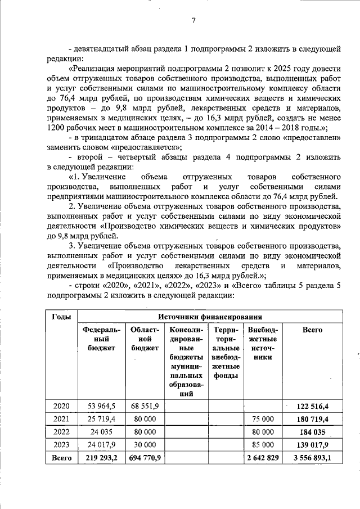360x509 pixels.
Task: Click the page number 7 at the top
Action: (193, 21)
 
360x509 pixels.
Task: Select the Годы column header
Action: (61, 317)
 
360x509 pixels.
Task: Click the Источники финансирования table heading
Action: (212, 317)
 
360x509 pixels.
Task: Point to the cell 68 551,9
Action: (145, 406)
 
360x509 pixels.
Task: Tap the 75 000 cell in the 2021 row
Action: (263, 418)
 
